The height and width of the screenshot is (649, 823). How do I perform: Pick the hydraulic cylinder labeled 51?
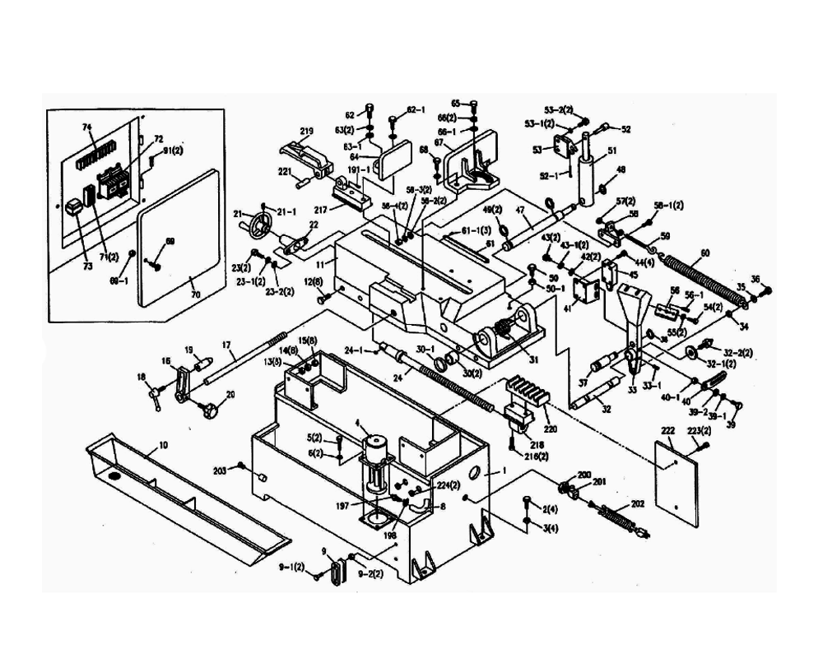pyautogui.click(x=588, y=180)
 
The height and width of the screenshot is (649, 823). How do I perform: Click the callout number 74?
pyautogui.click(x=86, y=127)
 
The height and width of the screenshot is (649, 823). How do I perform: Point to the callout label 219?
pyautogui.click(x=307, y=132)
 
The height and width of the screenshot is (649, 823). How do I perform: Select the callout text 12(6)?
pyautogui.click(x=312, y=283)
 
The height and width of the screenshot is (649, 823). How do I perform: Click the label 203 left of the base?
pyautogui.click(x=220, y=470)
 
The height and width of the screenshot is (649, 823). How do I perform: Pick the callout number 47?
pyautogui.click(x=520, y=211)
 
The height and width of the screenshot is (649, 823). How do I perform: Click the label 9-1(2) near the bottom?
pyautogui.click(x=291, y=568)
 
